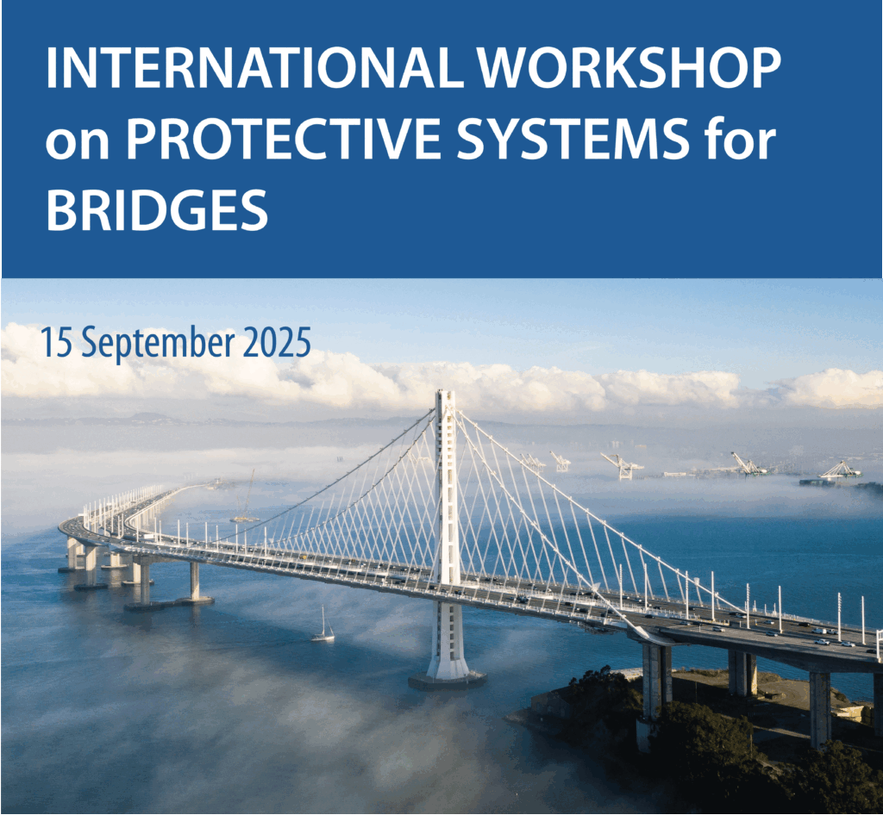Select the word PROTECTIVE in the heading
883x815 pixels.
click(283, 138)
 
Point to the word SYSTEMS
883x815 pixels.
click(573, 138)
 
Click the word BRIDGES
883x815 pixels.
click(157, 209)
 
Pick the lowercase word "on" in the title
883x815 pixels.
click(78, 143)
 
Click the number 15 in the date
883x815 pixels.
click(57, 343)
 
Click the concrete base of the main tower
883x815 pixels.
click(448, 681)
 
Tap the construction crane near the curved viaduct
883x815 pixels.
click(246, 498)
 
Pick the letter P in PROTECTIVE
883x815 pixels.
click(141, 139)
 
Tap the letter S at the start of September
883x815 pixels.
click(90, 344)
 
